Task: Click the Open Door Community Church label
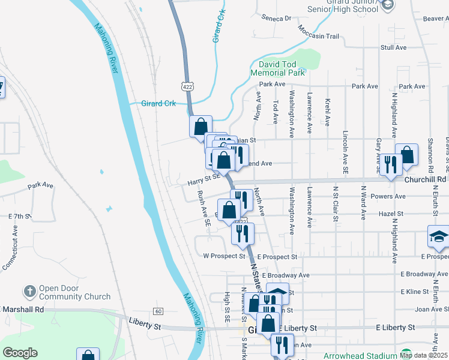point(75,292)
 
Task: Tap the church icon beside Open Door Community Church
point(29,292)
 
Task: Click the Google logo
point(20,353)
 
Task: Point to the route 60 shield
point(158,311)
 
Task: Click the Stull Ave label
point(394,47)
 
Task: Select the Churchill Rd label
point(425,179)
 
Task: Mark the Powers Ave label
point(388,196)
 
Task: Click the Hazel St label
point(391,213)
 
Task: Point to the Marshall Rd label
point(23,310)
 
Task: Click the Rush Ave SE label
point(203,208)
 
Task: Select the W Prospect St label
point(224,256)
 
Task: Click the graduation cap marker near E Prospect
point(439,236)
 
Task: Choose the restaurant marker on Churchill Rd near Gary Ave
point(391,164)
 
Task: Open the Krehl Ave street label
point(328,112)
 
